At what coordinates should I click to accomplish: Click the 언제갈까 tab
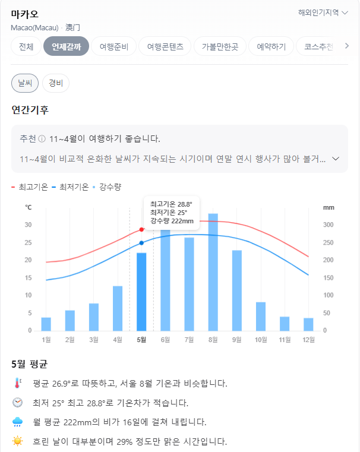pos(66,46)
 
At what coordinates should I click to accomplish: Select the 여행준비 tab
pos(118,46)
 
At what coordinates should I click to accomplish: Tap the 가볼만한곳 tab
pos(220,46)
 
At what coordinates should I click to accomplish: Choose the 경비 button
pos(56,83)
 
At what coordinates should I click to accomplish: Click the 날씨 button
pos(25,83)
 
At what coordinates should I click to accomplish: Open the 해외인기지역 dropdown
pos(323,12)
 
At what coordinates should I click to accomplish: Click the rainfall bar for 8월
pos(213,272)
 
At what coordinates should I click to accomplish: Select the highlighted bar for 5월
pos(141,291)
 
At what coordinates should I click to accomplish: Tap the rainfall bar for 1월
pos(46,324)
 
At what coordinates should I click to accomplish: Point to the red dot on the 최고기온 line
pos(141,229)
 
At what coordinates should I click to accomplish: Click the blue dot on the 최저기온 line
pos(141,243)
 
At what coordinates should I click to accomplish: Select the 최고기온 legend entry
pos(30,187)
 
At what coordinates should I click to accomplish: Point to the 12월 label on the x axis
pos(308,340)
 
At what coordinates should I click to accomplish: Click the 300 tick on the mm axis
pos(329,225)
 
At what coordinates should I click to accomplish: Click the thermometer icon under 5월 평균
pos(17,384)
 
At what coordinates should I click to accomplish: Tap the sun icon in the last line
pos(17,441)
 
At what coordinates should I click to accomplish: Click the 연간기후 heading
pos(30,110)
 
